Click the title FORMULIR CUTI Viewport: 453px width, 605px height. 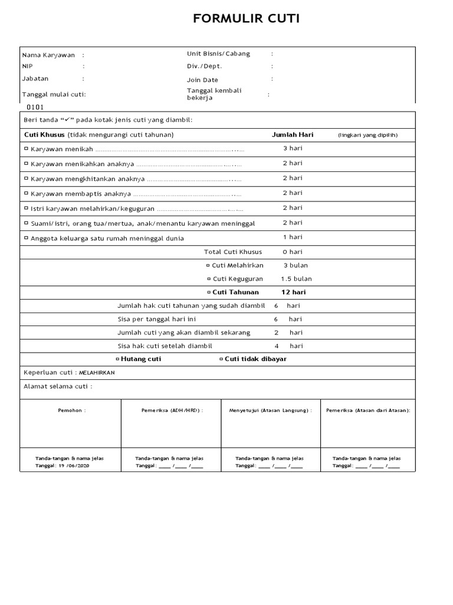click(247, 19)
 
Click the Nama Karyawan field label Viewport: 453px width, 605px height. click(48, 55)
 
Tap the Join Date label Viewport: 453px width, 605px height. click(202, 80)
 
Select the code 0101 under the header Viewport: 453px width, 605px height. click(35, 108)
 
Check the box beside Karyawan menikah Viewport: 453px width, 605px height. click(26, 149)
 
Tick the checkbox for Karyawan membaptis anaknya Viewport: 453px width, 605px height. click(26, 193)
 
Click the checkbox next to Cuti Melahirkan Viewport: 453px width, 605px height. click(208, 265)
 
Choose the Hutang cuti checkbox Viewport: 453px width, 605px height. click(117, 359)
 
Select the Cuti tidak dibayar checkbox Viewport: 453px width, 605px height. click(221, 359)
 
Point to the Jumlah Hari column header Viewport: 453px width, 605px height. click(293, 135)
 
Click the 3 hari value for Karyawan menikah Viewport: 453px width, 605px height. click(293, 149)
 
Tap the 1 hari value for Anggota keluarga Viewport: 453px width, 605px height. click(293, 238)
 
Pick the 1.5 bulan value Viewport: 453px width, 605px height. click(296, 279)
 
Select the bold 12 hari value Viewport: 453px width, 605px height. click(293, 292)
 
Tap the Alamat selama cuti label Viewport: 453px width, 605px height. click(57, 387)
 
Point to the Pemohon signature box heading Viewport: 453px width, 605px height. click(72, 410)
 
